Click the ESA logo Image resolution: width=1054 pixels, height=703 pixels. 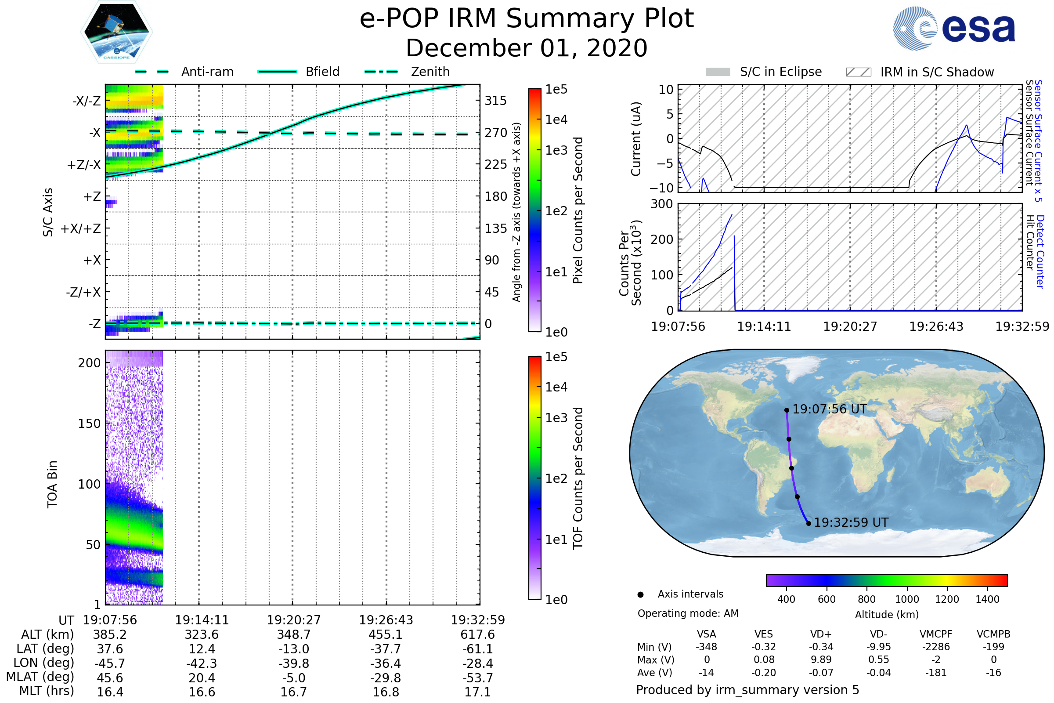(954, 28)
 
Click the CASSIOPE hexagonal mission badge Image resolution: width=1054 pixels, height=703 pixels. (116, 31)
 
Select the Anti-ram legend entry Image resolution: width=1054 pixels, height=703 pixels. (184, 72)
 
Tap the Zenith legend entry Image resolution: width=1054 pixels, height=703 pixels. (407, 72)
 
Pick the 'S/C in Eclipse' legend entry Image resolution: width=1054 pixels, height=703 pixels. (764, 72)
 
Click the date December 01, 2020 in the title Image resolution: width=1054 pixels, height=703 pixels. (527, 48)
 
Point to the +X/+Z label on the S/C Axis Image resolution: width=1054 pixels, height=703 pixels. (81, 228)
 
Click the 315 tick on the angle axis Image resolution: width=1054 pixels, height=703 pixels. (495, 101)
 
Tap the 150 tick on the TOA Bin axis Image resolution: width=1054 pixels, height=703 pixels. (89, 424)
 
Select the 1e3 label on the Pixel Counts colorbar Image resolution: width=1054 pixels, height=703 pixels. (556, 150)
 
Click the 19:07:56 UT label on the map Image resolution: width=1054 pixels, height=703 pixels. (830, 409)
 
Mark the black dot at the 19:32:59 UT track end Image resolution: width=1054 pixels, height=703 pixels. (809, 523)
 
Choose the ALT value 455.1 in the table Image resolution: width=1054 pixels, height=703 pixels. (386, 634)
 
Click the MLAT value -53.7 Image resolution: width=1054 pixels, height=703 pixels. (478, 678)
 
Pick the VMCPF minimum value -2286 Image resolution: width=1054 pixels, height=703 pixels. (936, 647)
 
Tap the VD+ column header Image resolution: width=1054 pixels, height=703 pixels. (821, 634)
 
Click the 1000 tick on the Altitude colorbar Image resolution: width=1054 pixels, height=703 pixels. (907, 599)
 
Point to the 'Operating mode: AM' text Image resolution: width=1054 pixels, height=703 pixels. (688, 613)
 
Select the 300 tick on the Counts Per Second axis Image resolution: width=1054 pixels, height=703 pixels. (662, 204)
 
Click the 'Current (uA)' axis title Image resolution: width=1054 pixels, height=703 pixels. (636, 139)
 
